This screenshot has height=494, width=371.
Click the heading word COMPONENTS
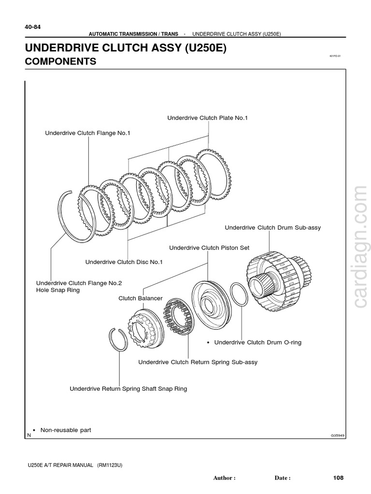60,62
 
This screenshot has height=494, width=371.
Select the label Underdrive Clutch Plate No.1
207,118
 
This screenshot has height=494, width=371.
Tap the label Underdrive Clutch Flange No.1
87,133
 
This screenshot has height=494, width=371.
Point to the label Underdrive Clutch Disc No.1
124,262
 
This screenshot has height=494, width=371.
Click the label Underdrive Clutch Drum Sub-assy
272,227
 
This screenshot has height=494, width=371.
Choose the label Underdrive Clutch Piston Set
209,247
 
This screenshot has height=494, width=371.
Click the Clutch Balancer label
141,299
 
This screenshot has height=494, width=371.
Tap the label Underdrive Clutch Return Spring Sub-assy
198,362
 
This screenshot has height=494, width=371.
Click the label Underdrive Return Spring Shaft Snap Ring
128,388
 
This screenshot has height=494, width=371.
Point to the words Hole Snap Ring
58,290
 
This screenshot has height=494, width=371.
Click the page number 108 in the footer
338,478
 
